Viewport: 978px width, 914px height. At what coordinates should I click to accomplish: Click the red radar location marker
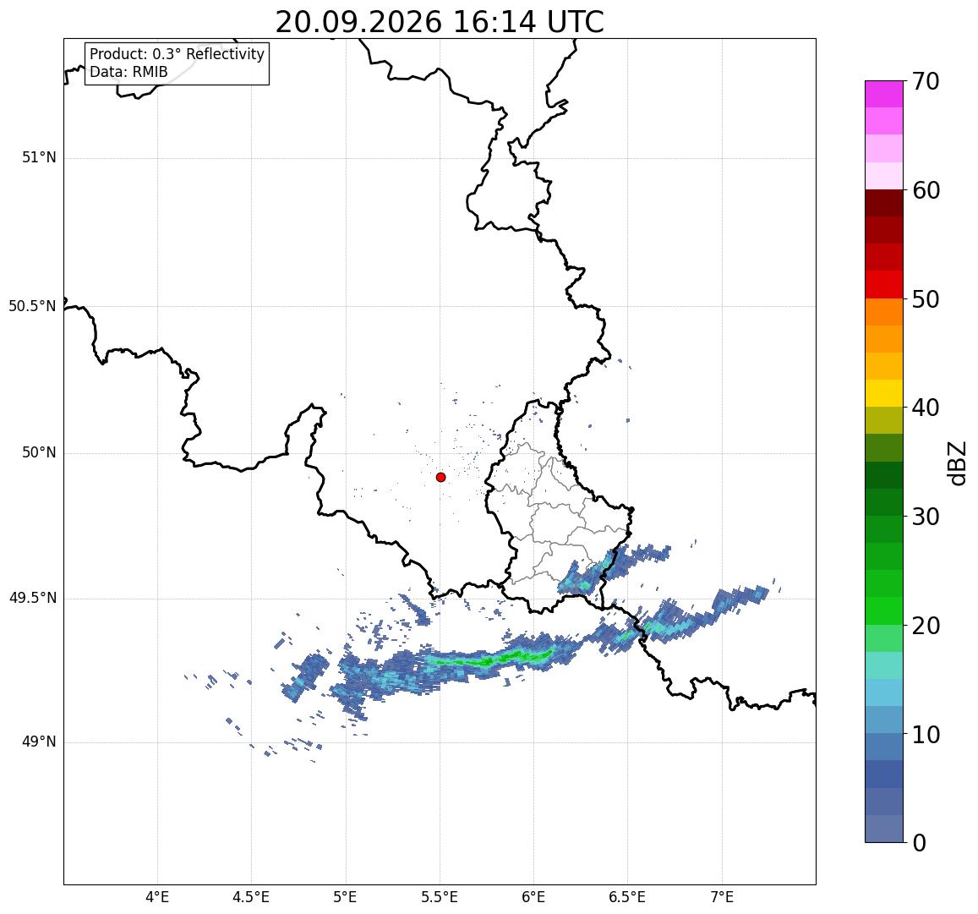tap(441, 477)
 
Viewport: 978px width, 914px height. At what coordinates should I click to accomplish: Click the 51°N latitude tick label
tap(39, 158)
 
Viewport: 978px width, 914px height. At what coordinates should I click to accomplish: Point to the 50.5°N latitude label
tap(32, 306)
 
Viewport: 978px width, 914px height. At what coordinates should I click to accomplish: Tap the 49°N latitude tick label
tap(39, 742)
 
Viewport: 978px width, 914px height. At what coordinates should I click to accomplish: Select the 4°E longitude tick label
tap(157, 897)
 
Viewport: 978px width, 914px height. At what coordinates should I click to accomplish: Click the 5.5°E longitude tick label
tap(440, 897)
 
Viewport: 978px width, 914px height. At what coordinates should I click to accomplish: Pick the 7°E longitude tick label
tap(722, 897)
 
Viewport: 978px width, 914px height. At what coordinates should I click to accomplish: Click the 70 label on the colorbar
tap(926, 81)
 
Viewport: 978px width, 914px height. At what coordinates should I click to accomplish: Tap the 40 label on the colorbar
tap(926, 408)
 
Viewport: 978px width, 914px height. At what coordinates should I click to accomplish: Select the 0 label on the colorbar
tap(919, 843)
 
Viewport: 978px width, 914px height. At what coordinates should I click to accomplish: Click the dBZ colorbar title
tap(956, 462)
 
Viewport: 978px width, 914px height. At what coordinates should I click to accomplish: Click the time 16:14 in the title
tap(494, 23)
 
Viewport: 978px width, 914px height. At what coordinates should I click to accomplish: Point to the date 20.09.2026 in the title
tap(358, 23)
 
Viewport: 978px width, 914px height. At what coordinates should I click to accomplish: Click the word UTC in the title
tap(576, 23)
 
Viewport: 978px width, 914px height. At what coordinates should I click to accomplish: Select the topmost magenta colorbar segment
tap(884, 94)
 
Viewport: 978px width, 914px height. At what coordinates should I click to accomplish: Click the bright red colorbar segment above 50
tap(884, 284)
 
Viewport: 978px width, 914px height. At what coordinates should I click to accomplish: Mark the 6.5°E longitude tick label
tap(627, 897)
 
